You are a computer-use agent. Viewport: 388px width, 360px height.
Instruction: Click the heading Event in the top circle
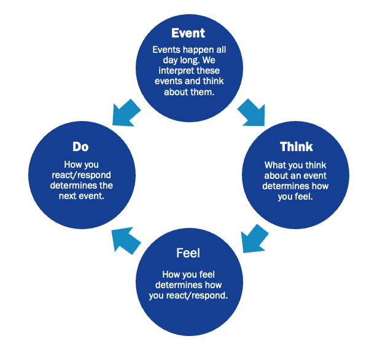(x=188, y=33)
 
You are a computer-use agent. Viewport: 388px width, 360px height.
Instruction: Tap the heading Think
(x=297, y=147)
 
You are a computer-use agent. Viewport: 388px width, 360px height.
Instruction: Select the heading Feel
(x=188, y=252)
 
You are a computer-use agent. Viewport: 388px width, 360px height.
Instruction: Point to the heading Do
(x=80, y=147)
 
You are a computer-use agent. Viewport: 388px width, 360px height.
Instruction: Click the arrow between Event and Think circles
(x=250, y=112)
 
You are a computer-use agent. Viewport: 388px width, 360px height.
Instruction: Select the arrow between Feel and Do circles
(x=125, y=239)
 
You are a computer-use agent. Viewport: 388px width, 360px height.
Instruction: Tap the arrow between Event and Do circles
(x=126, y=113)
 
